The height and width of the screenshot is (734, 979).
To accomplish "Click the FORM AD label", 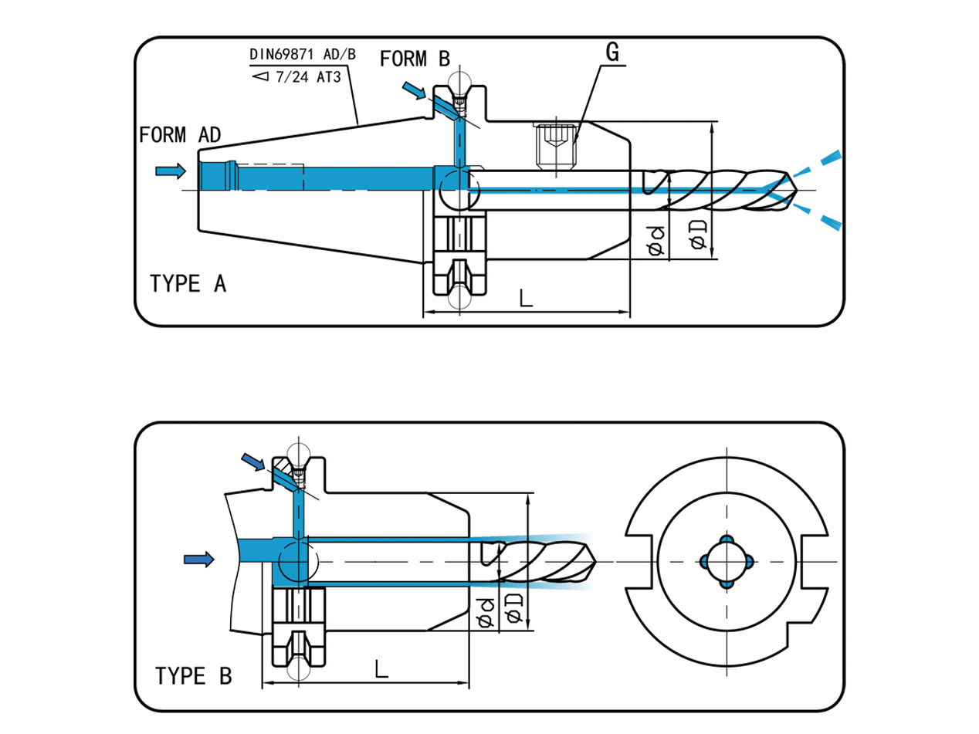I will (180, 134).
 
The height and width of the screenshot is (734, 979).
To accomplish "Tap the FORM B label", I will (415, 59).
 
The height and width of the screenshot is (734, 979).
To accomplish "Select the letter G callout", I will (612, 52).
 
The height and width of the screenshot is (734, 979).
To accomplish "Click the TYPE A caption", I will (188, 284).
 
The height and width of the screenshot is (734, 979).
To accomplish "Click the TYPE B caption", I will (193, 676).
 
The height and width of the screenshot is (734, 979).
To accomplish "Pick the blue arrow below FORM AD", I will (171, 171).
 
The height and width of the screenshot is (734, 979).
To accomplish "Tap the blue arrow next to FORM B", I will (414, 92).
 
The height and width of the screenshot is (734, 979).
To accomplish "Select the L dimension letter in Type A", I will (527, 298).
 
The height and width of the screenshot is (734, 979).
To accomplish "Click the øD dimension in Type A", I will (700, 233).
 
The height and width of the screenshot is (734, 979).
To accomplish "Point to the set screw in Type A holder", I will (555, 147).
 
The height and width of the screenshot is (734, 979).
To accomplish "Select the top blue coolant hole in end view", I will (726, 539).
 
